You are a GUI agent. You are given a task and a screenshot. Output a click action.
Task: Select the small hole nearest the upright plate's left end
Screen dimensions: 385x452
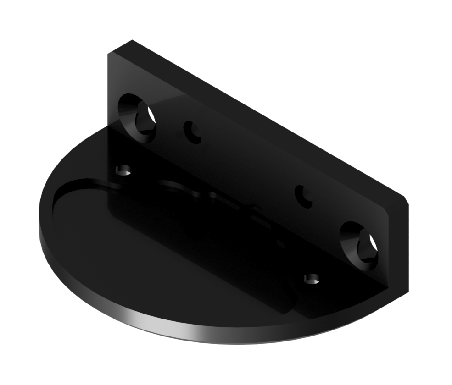coord(192,132)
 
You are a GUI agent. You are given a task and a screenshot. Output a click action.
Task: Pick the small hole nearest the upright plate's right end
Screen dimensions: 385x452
coord(303,196)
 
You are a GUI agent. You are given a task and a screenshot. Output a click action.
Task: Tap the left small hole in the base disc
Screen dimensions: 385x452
coord(123,171)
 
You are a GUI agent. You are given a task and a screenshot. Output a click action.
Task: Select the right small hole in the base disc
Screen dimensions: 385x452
coord(312,279)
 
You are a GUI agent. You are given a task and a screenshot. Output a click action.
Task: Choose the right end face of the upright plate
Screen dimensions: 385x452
coord(398,247)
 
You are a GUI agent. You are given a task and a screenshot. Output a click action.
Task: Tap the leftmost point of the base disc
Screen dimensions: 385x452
coord(39,220)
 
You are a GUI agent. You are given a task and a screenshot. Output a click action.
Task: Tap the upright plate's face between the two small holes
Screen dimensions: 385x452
coord(248,165)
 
